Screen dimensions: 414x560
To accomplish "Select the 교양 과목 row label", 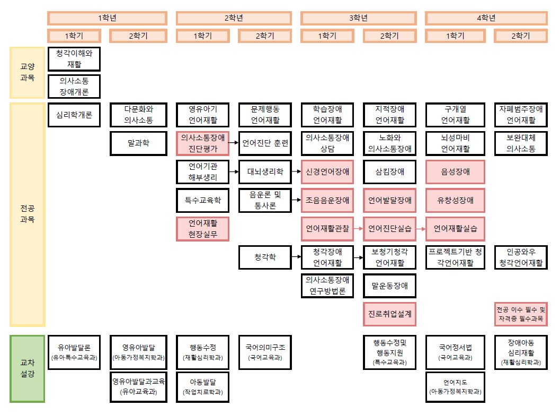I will click(27, 72).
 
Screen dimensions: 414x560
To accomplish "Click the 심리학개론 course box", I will click(74, 115).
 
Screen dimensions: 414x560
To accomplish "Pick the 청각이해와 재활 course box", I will click(74, 59).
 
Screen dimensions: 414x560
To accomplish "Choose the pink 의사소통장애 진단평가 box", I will click(202, 143).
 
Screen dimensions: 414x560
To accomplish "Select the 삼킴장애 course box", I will click(389, 172).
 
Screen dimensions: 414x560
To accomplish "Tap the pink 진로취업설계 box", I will click(389, 314).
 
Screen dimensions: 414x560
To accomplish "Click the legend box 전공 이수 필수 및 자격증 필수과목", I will click(520, 314).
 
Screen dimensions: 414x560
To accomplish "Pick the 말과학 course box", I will click(138, 143).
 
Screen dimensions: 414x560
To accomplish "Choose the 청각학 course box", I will click(264, 257).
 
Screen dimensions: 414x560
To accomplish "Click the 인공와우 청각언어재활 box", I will click(520, 257).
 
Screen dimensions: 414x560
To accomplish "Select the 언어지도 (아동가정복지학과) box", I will click(455, 387).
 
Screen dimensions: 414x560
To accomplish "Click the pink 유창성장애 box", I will click(455, 201).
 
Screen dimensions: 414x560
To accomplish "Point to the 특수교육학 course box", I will click(202, 201).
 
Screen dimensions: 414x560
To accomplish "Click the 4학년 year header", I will click(486, 18).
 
